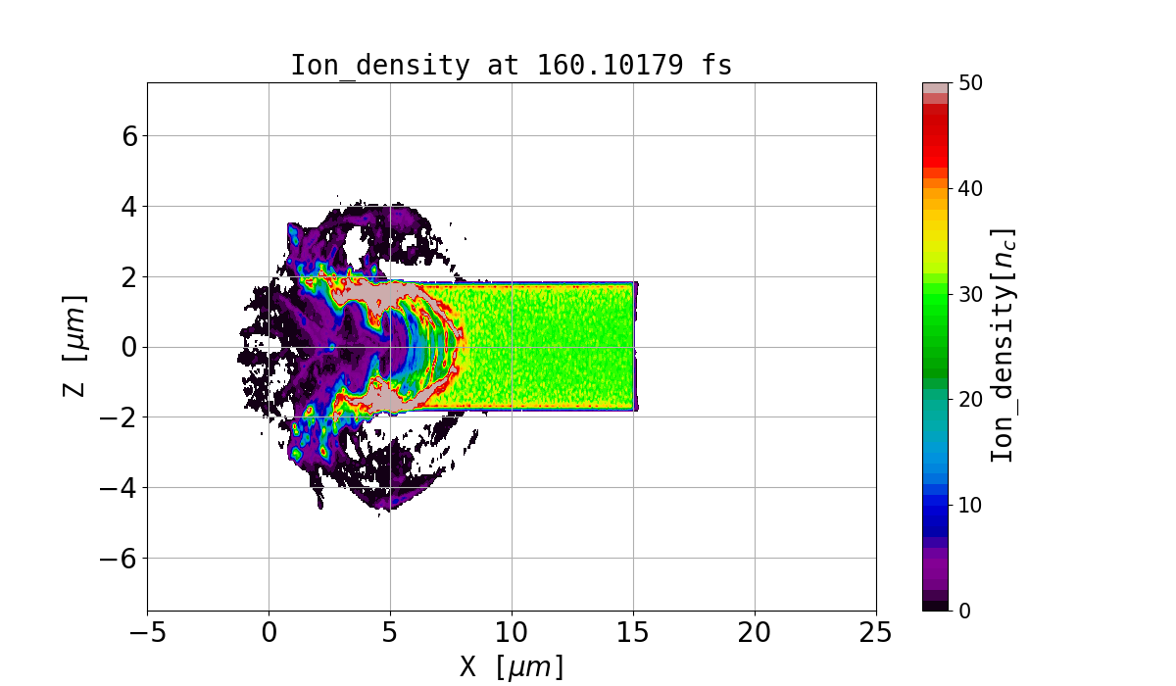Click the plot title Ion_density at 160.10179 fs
[511, 66]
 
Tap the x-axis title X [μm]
[512, 666]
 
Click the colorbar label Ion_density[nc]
[1002, 346]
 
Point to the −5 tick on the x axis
[147, 633]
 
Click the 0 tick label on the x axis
[269, 633]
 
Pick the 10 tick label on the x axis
[512, 633]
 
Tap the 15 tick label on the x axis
[633, 633]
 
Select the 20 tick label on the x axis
[755, 633]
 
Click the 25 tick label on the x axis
[875, 633]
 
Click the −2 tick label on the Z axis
[120, 417]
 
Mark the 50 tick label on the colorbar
[969, 83]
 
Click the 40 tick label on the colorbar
[969, 188]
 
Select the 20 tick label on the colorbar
[969, 399]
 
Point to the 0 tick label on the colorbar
[963, 611]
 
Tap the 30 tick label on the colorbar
[969, 294]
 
